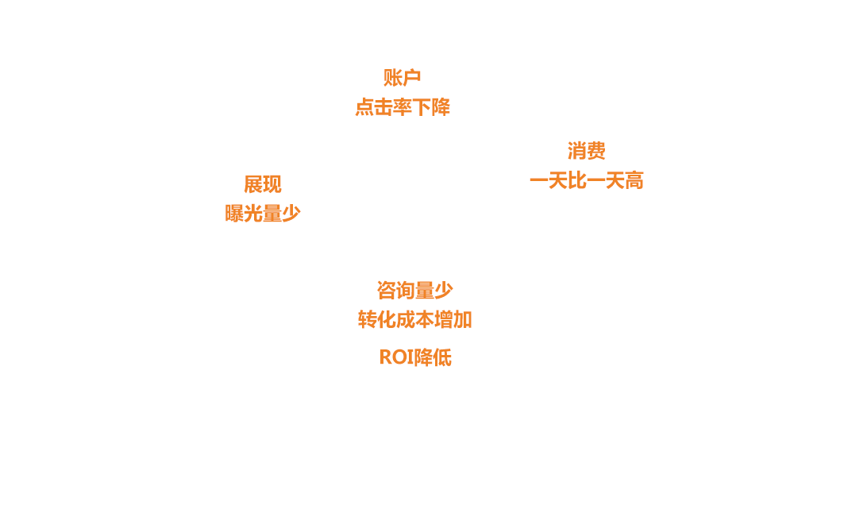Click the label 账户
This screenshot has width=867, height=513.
point(402,78)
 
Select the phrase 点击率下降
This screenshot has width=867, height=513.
point(402,107)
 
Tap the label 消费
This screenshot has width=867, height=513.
point(586,151)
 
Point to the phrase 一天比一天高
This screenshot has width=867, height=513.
point(586,181)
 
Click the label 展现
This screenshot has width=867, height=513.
point(262,184)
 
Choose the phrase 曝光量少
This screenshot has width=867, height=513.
point(262,214)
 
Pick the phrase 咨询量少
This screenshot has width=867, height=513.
point(414,290)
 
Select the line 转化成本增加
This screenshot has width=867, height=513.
point(414,320)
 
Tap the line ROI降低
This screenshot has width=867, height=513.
point(414,357)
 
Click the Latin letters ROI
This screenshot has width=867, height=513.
point(396,357)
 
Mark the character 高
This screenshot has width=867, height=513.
point(634,181)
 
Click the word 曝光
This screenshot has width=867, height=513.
point(244,214)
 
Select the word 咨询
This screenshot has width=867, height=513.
point(395,290)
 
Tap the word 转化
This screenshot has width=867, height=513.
point(376,320)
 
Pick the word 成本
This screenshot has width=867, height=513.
point(414,320)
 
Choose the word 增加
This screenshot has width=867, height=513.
point(453,320)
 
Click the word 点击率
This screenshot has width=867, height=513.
point(383,107)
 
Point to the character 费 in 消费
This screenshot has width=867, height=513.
point(595,151)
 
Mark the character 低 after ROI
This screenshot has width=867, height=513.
point(442,357)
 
